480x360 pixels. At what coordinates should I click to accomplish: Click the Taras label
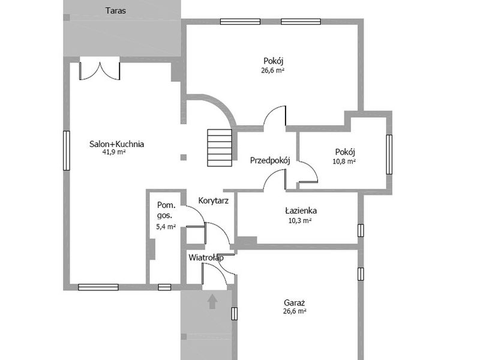116,11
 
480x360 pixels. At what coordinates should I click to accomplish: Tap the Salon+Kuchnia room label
116,144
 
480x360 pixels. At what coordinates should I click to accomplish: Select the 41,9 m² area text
114,152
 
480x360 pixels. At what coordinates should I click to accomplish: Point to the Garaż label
295,303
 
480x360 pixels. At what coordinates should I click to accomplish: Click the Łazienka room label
301,211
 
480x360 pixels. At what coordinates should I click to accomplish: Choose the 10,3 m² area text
300,220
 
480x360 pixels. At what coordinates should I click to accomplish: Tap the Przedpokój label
270,160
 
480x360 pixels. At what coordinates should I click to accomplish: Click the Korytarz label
214,201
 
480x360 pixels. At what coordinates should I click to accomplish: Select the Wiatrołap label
206,257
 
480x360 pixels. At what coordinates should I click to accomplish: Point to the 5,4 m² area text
166,227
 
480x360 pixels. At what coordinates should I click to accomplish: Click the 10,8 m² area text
344,161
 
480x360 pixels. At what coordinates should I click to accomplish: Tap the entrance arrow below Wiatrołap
212,301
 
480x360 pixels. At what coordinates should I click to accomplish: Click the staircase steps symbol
220,148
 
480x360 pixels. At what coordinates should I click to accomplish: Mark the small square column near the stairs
184,157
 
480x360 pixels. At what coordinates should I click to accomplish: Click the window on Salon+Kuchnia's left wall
66,151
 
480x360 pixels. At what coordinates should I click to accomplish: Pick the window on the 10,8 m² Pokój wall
389,155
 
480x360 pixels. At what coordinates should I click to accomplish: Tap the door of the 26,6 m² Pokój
275,116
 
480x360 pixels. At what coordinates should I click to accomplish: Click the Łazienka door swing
275,179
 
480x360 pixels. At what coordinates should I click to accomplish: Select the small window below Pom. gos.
164,287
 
